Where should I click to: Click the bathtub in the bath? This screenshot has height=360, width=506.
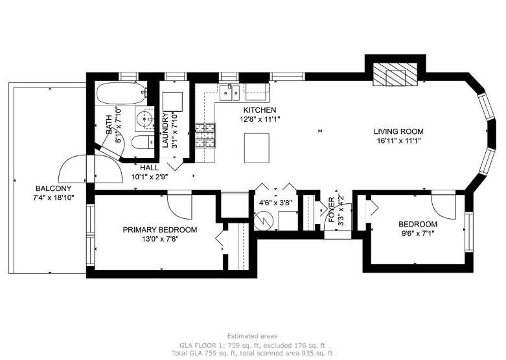pyautogui.click(x=122, y=93)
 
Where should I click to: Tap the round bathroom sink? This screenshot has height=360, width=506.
pyautogui.click(x=145, y=118)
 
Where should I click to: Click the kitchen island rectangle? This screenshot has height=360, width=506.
pyautogui.click(x=257, y=148)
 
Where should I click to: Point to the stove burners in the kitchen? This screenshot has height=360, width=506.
pyautogui.click(x=205, y=135)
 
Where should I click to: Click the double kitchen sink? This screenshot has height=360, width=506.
pyautogui.click(x=229, y=92)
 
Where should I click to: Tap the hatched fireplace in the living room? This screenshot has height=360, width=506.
pyautogui.click(x=395, y=74)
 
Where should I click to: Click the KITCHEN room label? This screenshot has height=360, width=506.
pyautogui.click(x=259, y=110)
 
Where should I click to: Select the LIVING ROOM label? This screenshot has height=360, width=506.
pyautogui.click(x=398, y=131)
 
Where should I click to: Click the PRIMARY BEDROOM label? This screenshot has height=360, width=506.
pyautogui.click(x=160, y=230)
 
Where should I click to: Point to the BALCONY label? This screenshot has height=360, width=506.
pyautogui.click(x=54, y=188)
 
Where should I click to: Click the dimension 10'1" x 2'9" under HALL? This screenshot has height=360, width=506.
pyautogui.click(x=150, y=177)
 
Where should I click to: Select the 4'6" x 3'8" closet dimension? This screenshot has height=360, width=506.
pyautogui.click(x=275, y=203)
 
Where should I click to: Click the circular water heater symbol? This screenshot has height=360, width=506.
pyautogui.click(x=264, y=221)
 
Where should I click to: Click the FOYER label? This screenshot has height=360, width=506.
pyautogui.click(x=332, y=210)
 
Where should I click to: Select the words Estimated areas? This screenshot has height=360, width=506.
pyautogui.click(x=252, y=336)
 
